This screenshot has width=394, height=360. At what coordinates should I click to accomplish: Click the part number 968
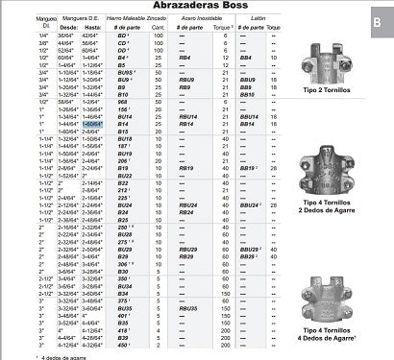click(x=123, y=103)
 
